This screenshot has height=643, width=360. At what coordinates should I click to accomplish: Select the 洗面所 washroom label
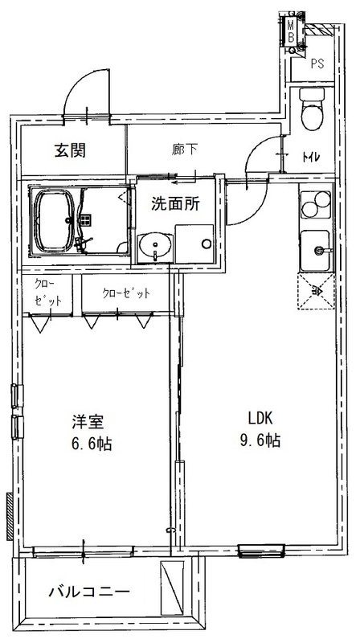pos(176,204)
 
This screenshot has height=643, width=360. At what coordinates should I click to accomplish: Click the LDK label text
pos(262,418)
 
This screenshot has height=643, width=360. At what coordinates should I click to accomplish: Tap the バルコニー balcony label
pos(88,592)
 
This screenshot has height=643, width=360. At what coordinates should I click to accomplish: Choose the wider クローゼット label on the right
pos(125,293)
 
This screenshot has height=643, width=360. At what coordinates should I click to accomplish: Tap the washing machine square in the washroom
pos(195,244)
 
